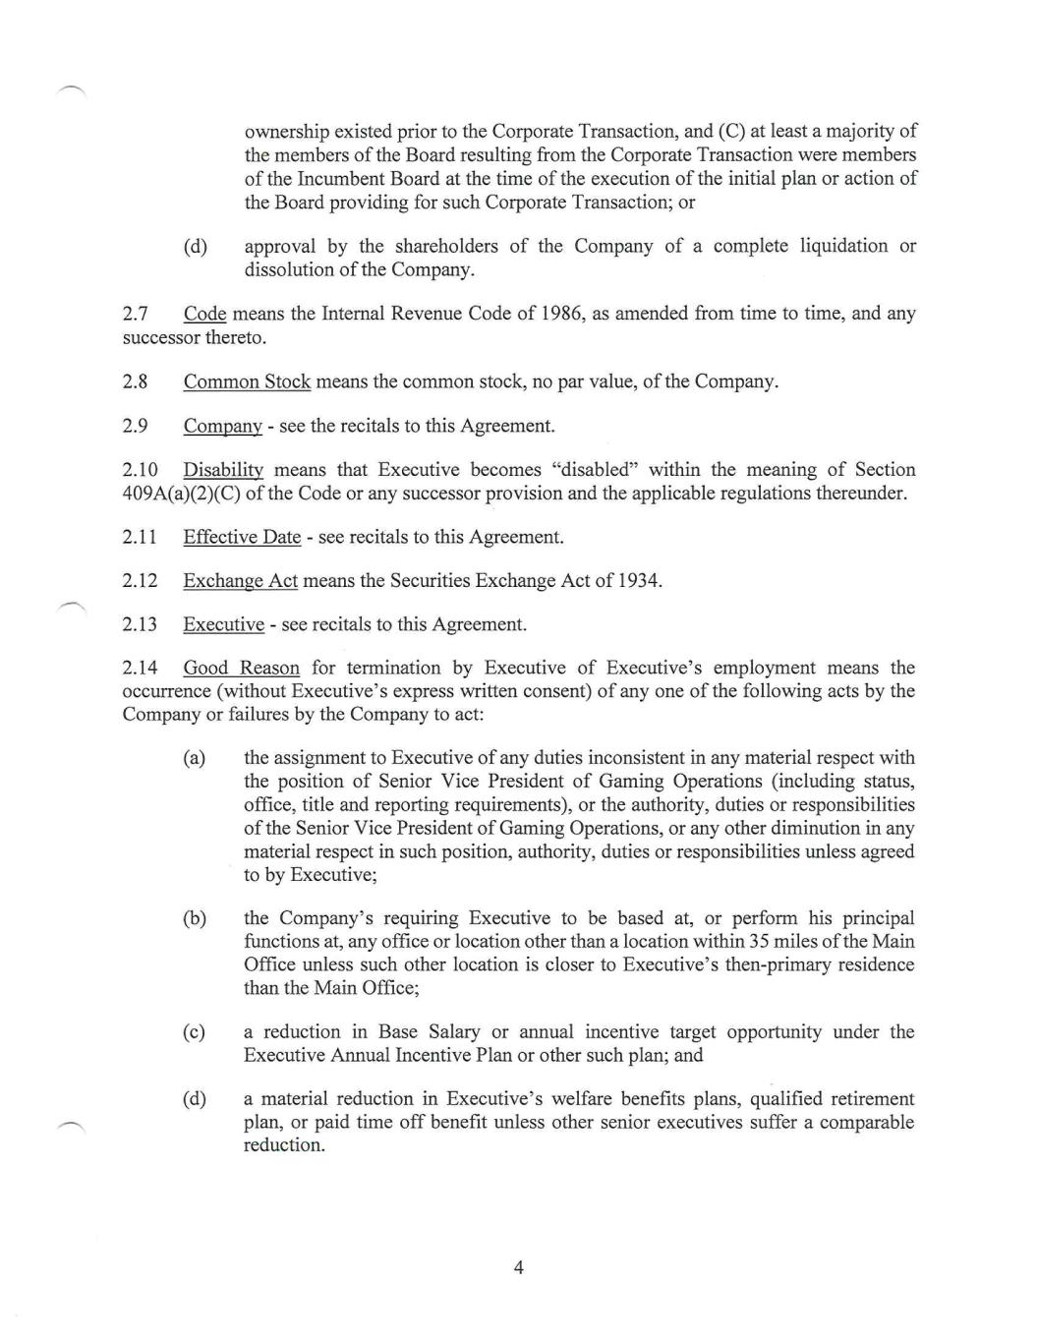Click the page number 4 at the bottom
pos(518,1267)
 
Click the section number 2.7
pos(135,314)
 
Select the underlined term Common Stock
pos(247,381)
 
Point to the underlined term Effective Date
pos(242,538)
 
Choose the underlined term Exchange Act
pos(240,581)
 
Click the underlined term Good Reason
pos(241,669)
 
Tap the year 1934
pos(638,581)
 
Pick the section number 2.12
pos(140,581)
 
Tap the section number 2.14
pos(140,669)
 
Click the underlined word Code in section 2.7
pos(204,314)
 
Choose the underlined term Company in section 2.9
pos(222,427)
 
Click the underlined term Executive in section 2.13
pos(223,625)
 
